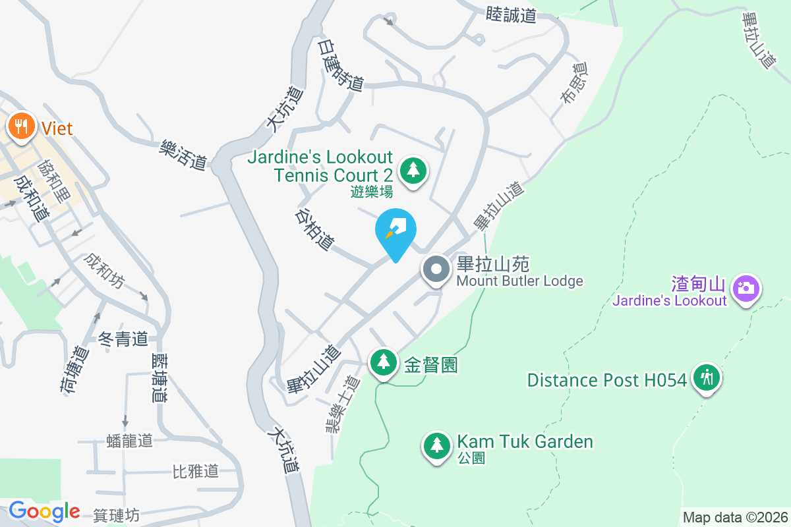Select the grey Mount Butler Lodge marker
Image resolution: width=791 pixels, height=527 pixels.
[436, 270]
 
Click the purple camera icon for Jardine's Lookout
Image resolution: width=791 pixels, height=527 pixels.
[746, 288]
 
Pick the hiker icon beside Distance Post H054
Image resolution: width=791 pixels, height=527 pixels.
[707, 378]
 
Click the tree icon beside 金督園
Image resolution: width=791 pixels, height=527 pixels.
[383, 362]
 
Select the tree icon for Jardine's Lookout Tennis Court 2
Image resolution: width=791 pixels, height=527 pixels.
[413, 171]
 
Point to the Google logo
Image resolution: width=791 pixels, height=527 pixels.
[44, 511]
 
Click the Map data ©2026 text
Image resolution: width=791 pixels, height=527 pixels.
[735, 517]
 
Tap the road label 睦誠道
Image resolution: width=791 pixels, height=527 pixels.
[511, 14]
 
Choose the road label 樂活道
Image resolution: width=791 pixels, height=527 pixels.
[183, 154]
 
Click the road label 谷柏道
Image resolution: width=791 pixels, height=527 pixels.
[314, 229]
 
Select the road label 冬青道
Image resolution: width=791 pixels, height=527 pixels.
[123, 339]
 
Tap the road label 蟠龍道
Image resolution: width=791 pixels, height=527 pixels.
[129, 441]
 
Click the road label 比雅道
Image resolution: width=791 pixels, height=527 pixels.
[195, 472]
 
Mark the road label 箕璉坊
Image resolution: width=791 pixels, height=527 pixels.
[116, 515]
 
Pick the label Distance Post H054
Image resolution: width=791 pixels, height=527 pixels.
[607, 380]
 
